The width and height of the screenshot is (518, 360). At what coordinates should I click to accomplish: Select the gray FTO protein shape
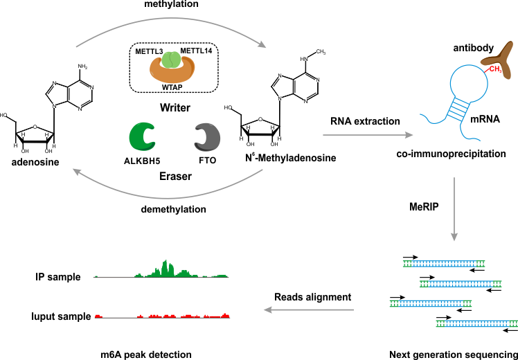[x=206, y=137]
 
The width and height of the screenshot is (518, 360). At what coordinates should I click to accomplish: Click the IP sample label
[x=58, y=277]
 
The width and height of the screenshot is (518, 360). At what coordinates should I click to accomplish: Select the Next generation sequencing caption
[x=454, y=353]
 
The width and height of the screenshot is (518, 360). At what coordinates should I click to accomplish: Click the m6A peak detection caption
[x=146, y=353]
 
